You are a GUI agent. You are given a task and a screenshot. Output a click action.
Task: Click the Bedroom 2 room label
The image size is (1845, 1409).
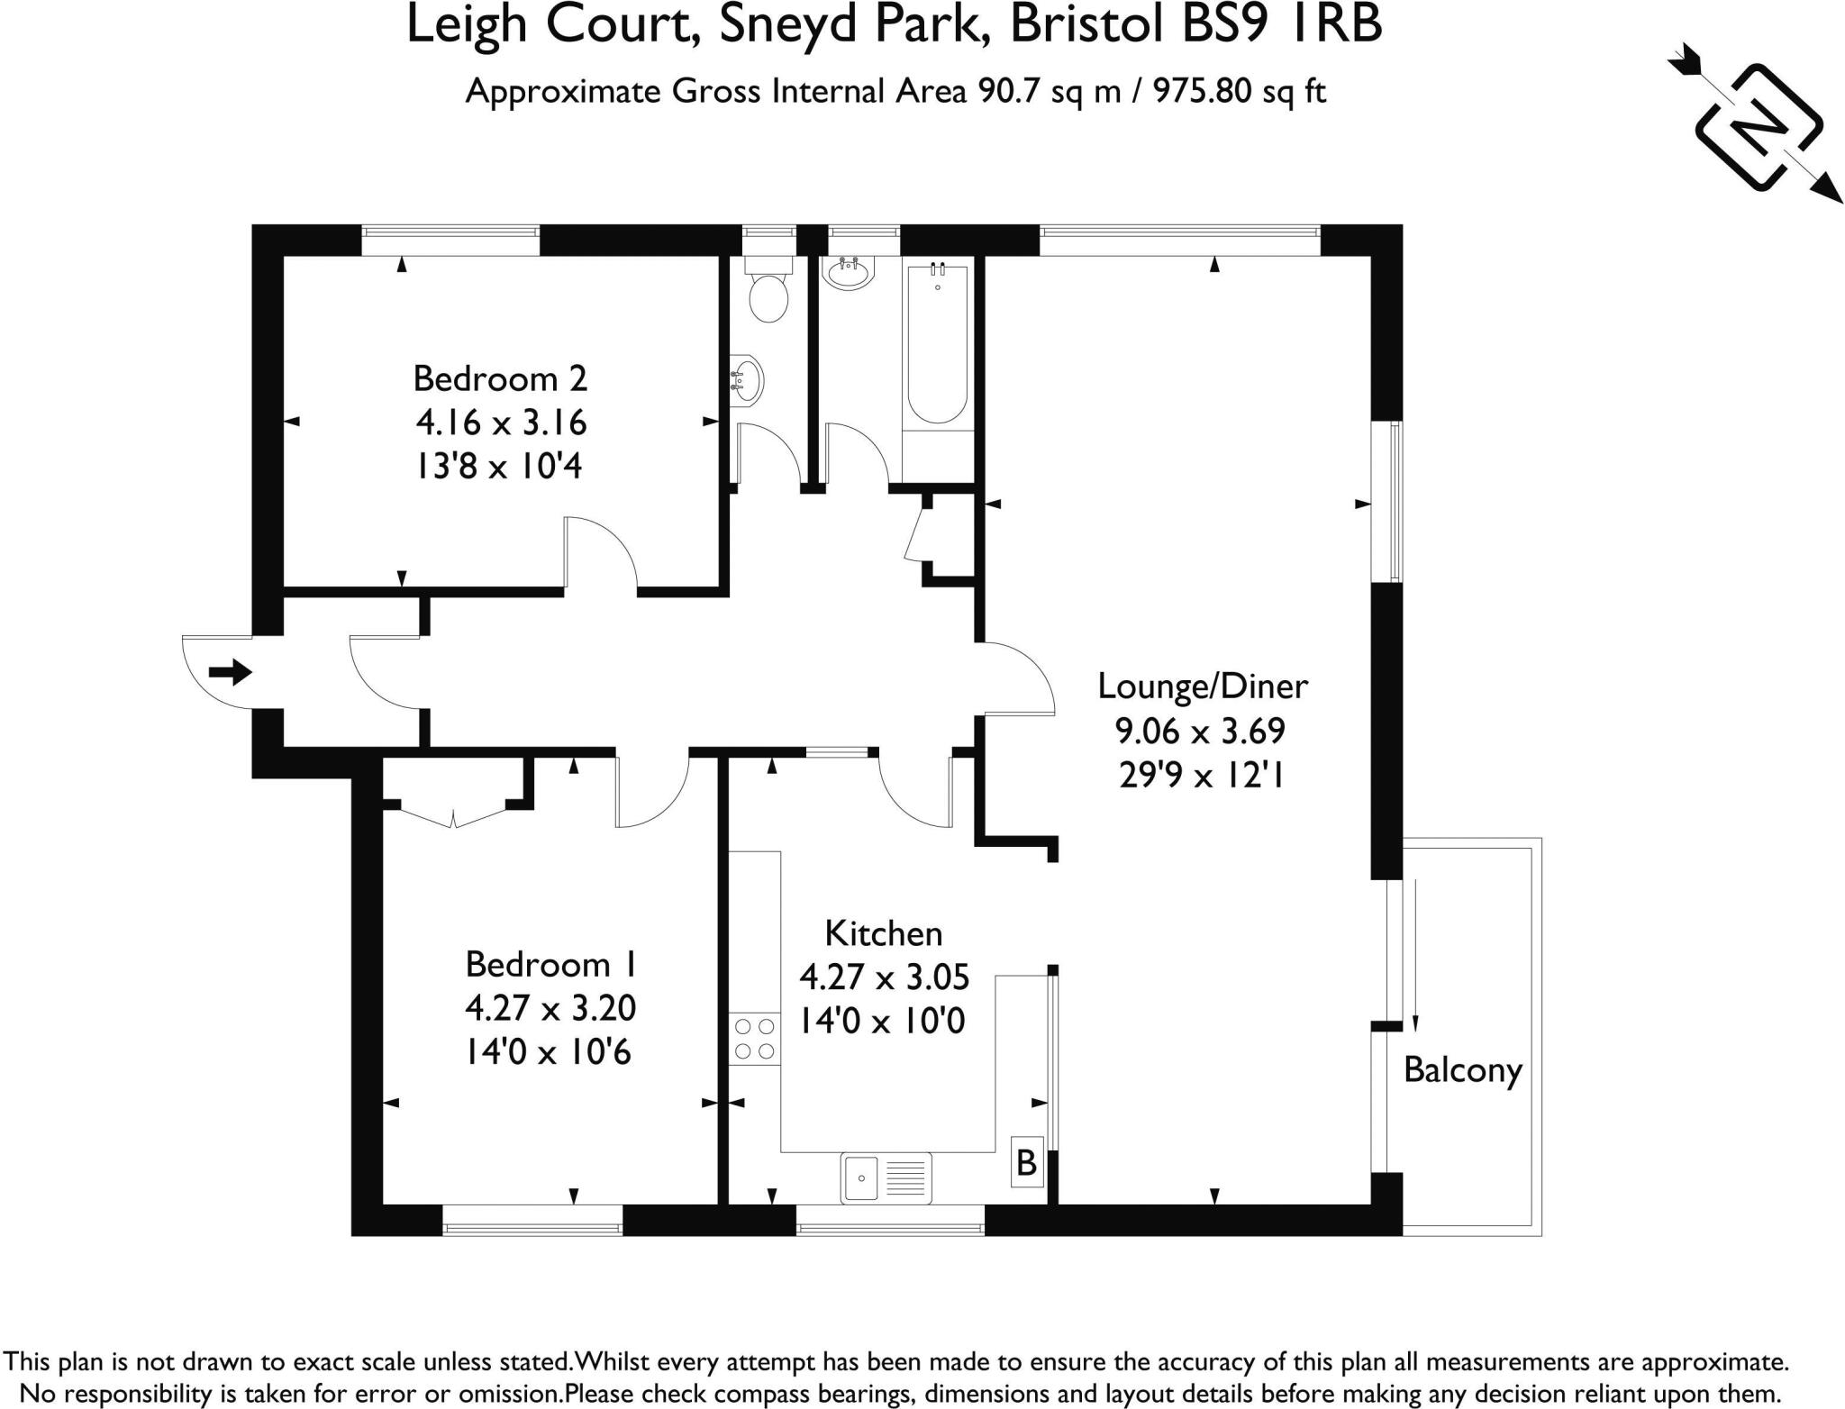tap(500, 378)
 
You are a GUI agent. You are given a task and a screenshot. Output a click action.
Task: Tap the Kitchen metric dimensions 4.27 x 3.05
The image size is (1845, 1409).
tap(884, 977)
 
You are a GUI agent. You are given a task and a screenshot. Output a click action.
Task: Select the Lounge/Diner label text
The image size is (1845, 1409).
tap(1202, 686)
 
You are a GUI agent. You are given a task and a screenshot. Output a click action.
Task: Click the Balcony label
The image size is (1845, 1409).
tap(1462, 1069)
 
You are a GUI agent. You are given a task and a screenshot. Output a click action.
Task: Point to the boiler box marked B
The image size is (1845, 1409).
tap(1026, 1163)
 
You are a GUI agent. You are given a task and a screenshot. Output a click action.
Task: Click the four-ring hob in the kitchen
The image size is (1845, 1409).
tap(755, 1038)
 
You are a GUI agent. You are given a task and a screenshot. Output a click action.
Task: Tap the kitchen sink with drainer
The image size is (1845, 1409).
tap(886, 1177)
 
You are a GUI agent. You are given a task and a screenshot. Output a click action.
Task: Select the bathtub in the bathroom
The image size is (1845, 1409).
tap(938, 344)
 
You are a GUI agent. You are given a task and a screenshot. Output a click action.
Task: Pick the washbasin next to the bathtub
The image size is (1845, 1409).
tap(848, 271)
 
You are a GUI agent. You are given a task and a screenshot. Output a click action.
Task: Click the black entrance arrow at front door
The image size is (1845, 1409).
tap(230, 671)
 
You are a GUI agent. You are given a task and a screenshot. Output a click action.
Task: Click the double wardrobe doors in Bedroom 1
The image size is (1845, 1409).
tap(453, 816)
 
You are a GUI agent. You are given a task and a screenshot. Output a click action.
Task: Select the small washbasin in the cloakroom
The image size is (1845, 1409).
tap(748, 381)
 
